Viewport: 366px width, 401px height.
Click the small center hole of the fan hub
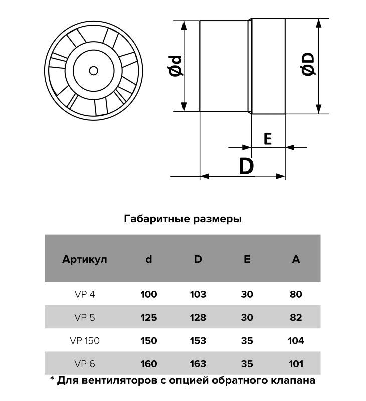click(x=93, y=71)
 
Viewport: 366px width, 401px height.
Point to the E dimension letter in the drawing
click(x=268, y=139)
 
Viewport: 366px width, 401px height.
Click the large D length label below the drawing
click(x=246, y=166)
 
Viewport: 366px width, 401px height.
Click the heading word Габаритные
click(x=157, y=219)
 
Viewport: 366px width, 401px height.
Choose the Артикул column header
click(x=84, y=259)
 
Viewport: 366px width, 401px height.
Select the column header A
click(x=296, y=259)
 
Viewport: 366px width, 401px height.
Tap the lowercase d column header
click(x=148, y=259)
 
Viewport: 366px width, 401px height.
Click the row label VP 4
click(x=85, y=294)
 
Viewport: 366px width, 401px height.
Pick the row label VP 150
click(x=85, y=341)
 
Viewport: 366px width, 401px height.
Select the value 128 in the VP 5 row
click(x=198, y=318)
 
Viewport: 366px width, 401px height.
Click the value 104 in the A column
click(x=296, y=341)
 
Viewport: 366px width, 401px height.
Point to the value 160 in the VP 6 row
click(x=148, y=364)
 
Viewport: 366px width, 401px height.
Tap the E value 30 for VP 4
click(x=247, y=294)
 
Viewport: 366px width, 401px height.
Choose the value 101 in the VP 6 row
click(x=296, y=364)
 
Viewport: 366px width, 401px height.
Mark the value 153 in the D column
click(x=198, y=341)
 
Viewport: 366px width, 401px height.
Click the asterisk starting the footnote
click(x=52, y=378)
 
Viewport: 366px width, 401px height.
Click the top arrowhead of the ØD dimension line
click(x=319, y=23)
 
